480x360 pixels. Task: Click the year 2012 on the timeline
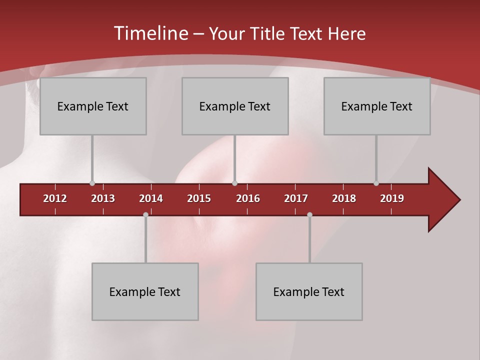[x=55, y=198]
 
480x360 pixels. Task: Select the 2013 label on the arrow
[x=103, y=198]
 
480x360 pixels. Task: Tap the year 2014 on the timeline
[x=151, y=198]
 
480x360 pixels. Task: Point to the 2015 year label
[x=199, y=198]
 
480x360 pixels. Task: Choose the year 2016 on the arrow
[x=248, y=198]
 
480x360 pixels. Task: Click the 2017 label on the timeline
[x=296, y=198]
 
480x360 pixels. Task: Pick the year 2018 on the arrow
[x=344, y=198]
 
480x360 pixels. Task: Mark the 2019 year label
[x=392, y=198]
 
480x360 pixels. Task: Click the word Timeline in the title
[x=150, y=33]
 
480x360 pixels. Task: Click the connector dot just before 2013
[x=92, y=183]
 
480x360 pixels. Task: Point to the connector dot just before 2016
[x=234, y=183]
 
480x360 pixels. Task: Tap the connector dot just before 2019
[x=376, y=183]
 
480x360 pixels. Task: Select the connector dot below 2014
[x=145, y=215]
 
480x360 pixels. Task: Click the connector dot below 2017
[x=309, y=215]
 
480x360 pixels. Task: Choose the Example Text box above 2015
[x=235, y=106]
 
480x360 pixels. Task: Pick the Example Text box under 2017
[x=309, y=291]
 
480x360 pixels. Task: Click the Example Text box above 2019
[x=377, y=106]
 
